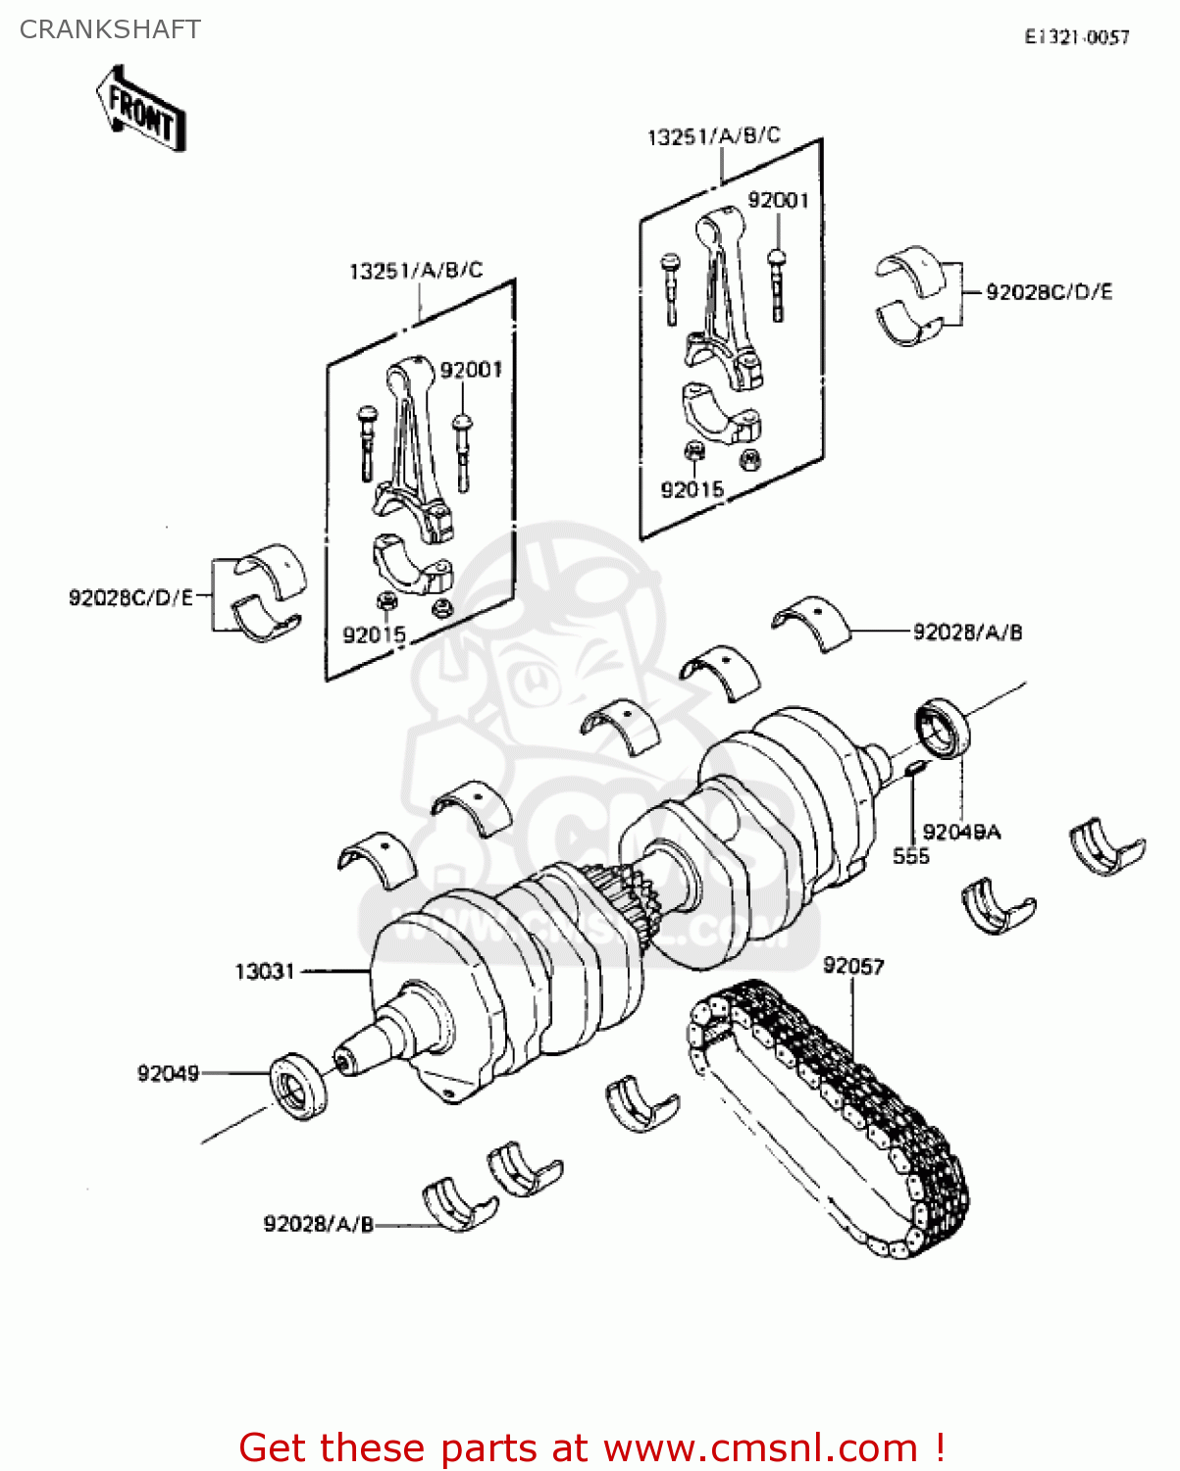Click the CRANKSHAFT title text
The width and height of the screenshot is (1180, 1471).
pos(110,29)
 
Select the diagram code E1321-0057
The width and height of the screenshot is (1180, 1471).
pos(1077,37)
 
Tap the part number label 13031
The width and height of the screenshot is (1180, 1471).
pos(264,971)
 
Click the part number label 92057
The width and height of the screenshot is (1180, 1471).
pos(852,966)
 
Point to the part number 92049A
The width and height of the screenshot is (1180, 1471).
pos(961,832)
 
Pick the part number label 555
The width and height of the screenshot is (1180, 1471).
pos(910,856)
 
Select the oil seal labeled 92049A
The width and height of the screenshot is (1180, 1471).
pos(942,728)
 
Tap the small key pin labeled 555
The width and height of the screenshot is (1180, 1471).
pos(912,766)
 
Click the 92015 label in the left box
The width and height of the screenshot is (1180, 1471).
pos(374,634)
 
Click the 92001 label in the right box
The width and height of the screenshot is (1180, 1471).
pos(778,200)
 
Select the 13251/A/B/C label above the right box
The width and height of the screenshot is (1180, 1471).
pos(713,136)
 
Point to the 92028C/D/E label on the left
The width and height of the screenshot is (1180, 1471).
pos(131,597)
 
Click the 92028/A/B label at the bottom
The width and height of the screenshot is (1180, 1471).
pos(319,1224)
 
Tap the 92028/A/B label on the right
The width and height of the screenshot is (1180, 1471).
pos(967,633)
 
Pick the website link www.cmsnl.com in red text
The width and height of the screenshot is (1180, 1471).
pos(760,1447)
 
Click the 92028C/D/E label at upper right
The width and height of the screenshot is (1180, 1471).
pos(1049,292)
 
